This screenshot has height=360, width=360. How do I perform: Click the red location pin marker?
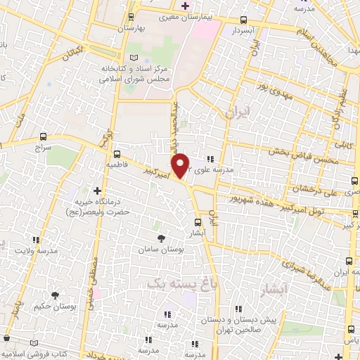pyautogui.click(x=181, y=165)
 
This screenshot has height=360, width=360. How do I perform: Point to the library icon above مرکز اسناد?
pyautogui.click(x=134, y=57)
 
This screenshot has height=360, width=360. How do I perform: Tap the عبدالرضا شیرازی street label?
pyautogui.click(x=303, y=264)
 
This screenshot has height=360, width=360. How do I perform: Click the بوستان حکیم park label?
pyautogui.click(x=54, y=306)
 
